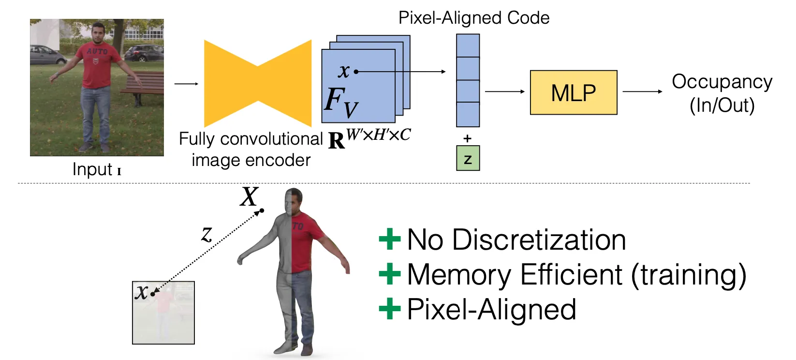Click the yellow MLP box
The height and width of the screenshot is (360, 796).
(574, 92)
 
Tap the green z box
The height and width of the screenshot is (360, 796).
(468, 158)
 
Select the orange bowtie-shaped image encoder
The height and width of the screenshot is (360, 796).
(258, 84)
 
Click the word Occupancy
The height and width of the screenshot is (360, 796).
(722, 82)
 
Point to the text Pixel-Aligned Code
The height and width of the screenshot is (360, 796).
(473, 18)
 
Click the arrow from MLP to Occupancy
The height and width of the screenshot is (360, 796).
(642, 91)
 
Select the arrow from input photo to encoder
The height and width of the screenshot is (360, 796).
(186, 84)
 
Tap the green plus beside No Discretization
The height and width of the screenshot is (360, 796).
(389, 239)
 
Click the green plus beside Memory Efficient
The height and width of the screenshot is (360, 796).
(389, 274)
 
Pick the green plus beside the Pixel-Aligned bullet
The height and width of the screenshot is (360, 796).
(389, 309)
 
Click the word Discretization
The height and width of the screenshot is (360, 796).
(539, 240)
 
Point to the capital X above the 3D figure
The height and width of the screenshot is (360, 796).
(249, 197)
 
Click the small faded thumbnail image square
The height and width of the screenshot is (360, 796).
(163, 313)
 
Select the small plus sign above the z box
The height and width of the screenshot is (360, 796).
(467, 138)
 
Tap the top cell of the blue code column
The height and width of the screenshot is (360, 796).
(468, 45)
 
